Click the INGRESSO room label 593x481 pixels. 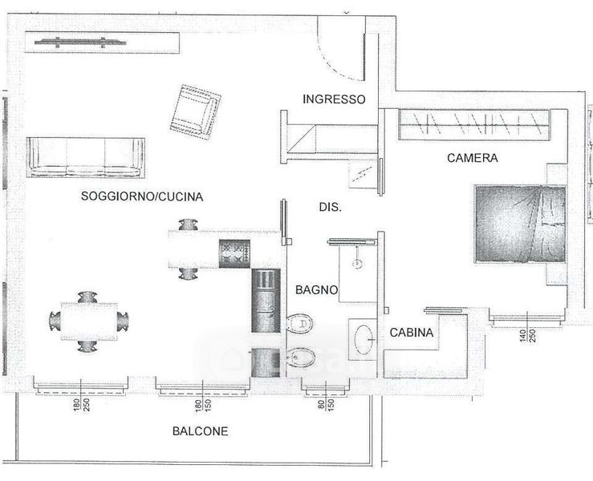click(334, 99)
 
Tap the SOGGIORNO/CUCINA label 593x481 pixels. click(141, 196)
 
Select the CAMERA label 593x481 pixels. click(472, 158)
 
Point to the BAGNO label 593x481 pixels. click(315, 289)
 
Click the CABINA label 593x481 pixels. click(412, 333)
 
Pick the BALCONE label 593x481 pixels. click(200, 430)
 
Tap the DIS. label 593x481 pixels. click(331, 207)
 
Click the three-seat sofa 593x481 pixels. click(86, 157)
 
